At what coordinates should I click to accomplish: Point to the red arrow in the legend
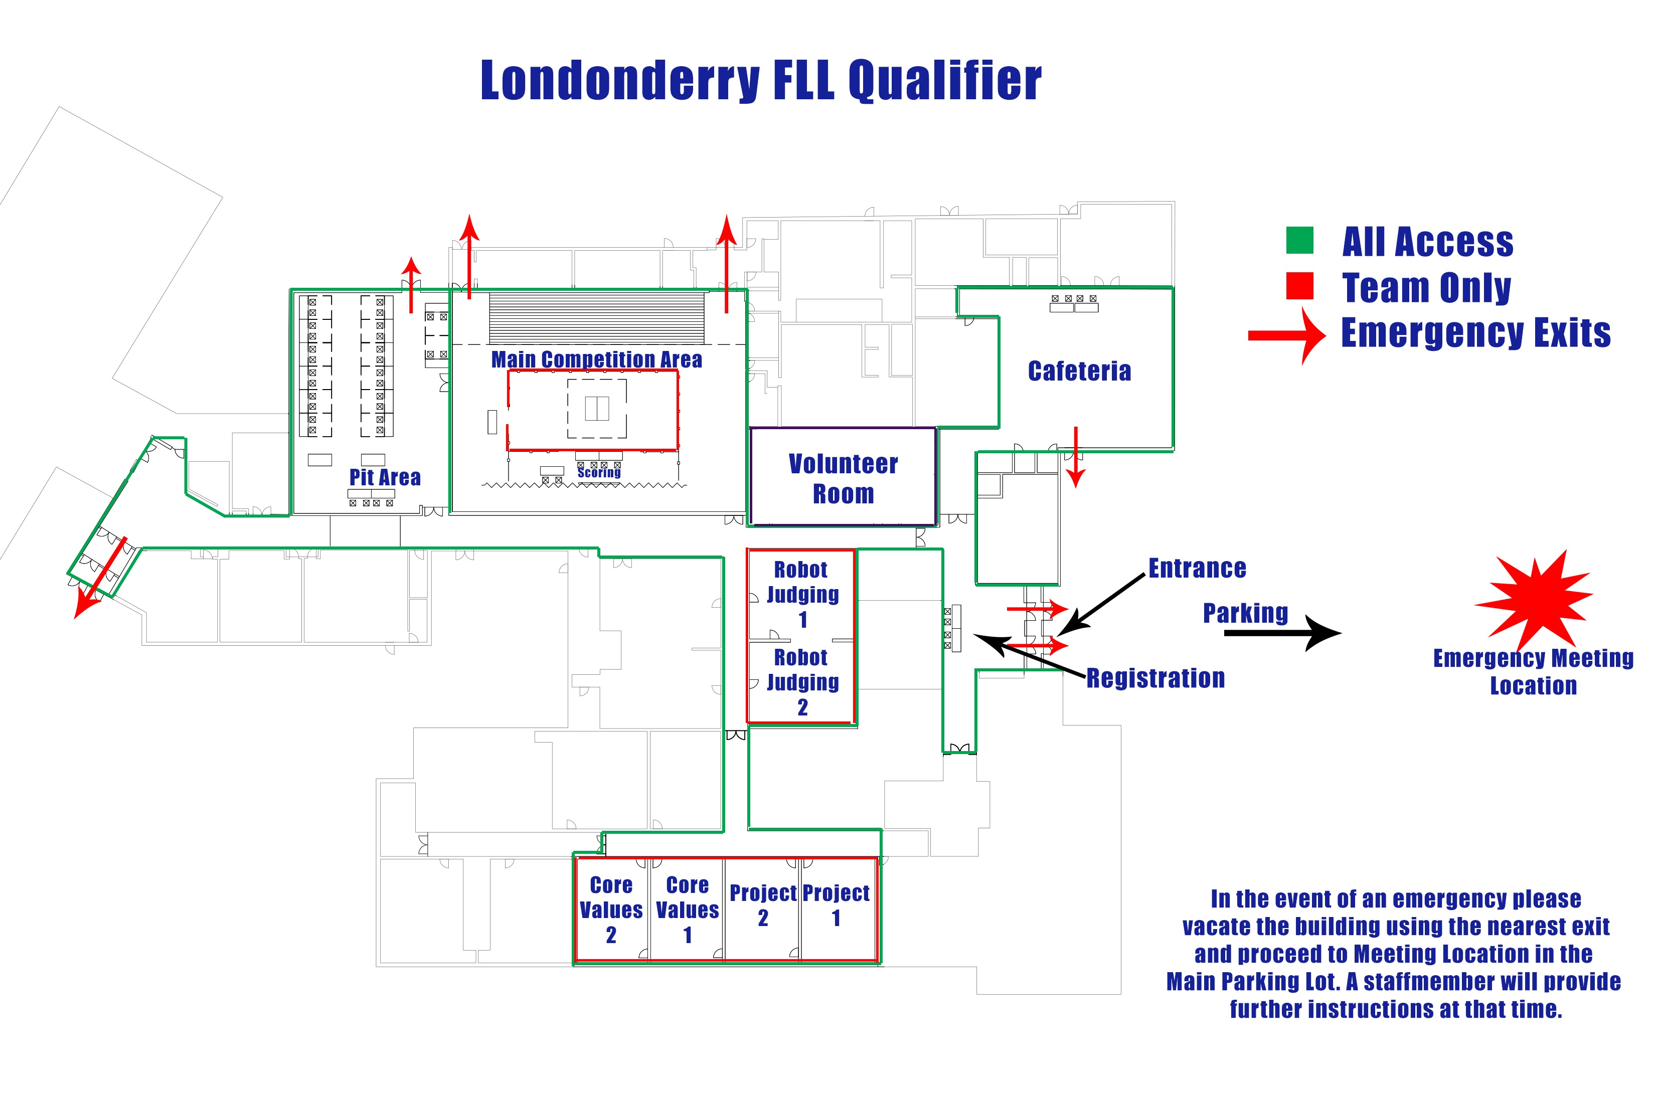pyautogui.click(x=1286, y=336)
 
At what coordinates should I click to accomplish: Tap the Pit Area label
pyautogui.click(x=385, y=477)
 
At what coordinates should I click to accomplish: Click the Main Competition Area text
pyautogui.click(x=596, y=359)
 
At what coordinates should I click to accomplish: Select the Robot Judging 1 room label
pyautogui.click(x=802, y=594)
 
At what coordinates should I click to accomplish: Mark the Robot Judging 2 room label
pyautogui.click(x=802, y=682)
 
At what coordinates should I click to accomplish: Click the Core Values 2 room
pyautogui.click(x=611, y=909)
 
